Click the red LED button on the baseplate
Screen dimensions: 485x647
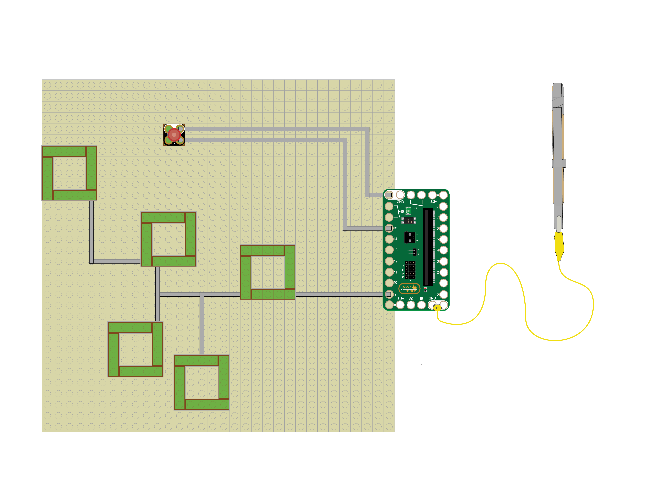[174, 135]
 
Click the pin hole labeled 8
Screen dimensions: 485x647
[443, 206]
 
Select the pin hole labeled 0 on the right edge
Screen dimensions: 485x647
[443, 294]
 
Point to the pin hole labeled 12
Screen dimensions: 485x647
[389, 261]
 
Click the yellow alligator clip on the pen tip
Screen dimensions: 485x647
[559, 246]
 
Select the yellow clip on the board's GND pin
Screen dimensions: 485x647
[437, 308]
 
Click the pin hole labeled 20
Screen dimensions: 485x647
[411, 305]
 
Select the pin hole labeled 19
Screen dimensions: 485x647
[421, 305]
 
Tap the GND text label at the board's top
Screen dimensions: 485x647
[400, 202]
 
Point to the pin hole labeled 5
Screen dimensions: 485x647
[443, 239]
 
